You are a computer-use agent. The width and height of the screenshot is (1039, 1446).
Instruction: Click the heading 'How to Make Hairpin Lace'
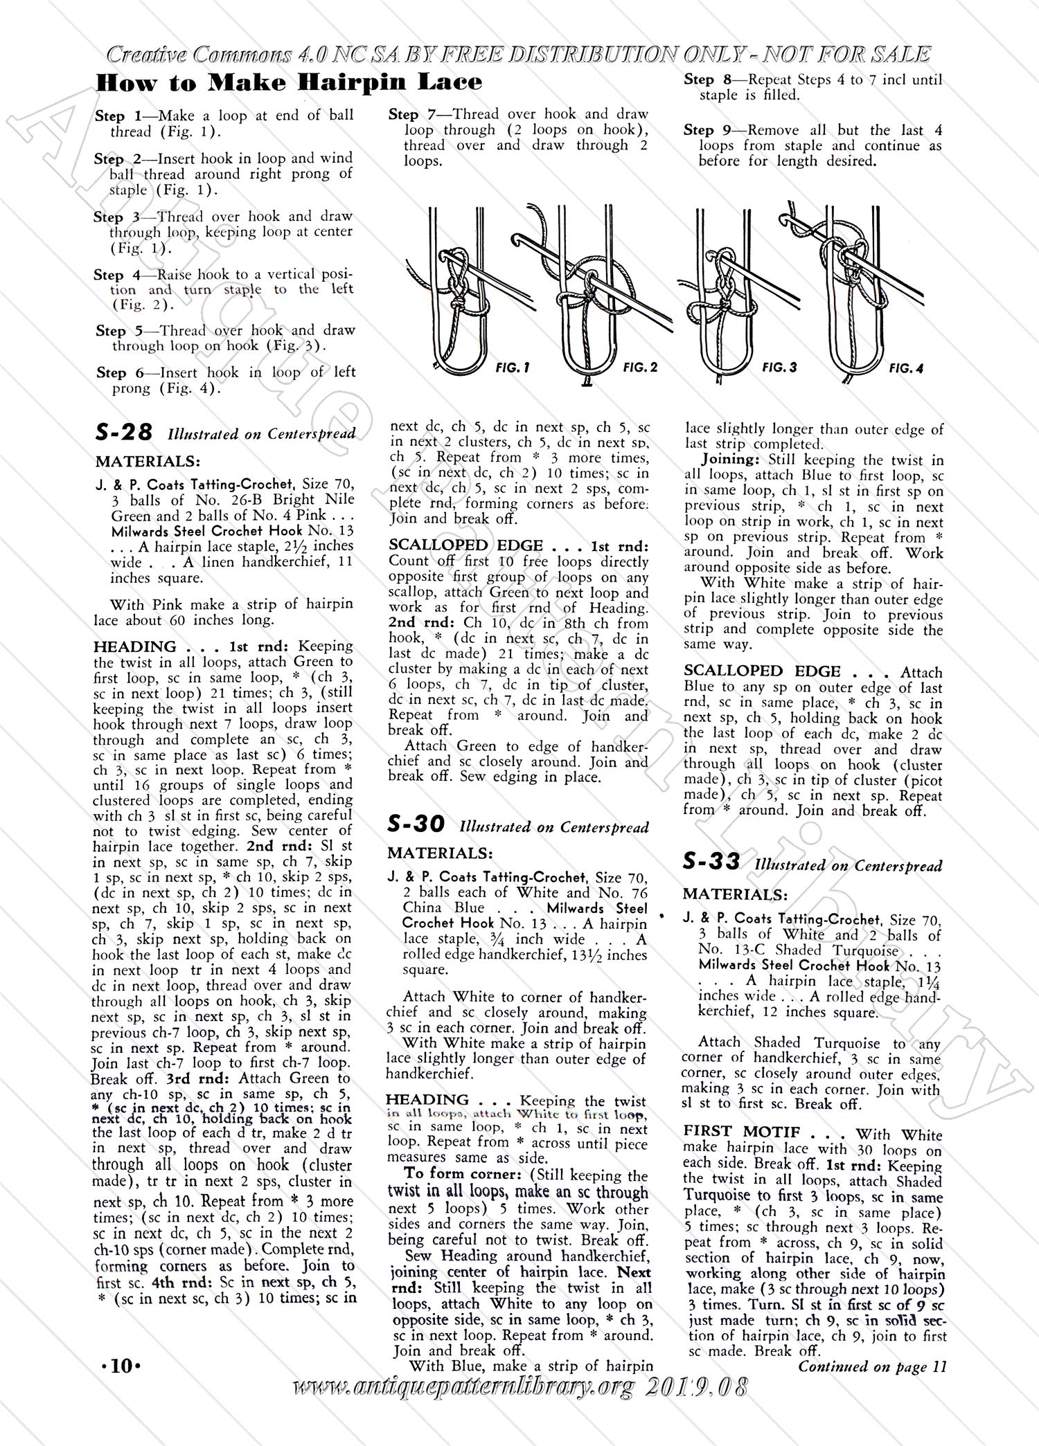(289, 83)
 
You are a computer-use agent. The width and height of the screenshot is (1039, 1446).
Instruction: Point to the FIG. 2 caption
(640, 368)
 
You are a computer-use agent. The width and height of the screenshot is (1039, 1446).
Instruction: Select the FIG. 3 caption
(779, 368)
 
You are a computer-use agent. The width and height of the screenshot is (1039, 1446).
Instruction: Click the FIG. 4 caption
(906, 369)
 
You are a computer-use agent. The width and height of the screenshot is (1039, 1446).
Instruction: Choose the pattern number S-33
(711, 862)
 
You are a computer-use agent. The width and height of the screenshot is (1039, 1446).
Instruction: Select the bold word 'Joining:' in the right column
(728, 460)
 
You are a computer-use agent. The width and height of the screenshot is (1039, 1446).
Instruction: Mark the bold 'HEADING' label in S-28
(135, 647)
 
